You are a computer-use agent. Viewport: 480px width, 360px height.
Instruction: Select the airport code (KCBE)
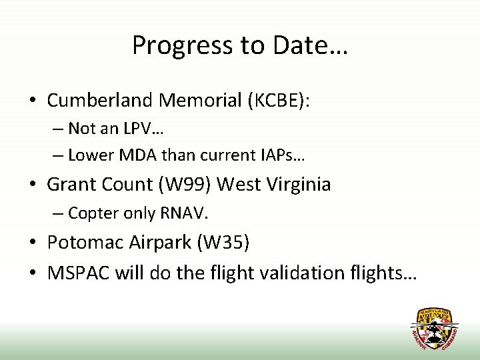[x=279, y=101]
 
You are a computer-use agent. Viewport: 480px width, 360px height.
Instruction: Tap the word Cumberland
[x=99, y=101]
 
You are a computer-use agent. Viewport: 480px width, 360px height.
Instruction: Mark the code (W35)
[x=223, y=243]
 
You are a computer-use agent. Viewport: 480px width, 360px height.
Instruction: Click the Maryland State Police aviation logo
[x=434, y=328]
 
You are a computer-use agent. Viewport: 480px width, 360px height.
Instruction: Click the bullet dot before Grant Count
[x=33, y=185]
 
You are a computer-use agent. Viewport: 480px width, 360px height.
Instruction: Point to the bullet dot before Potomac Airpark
[x=33, y=243]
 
